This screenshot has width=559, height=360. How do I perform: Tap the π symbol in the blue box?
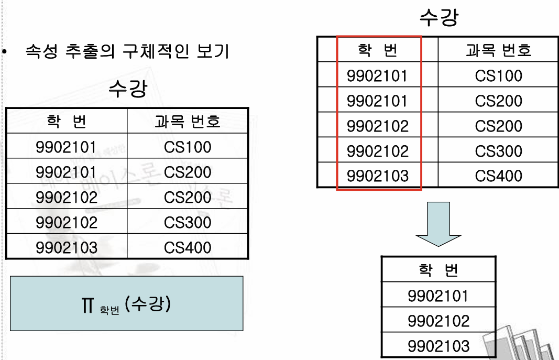87,305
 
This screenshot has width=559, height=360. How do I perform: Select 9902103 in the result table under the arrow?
438,346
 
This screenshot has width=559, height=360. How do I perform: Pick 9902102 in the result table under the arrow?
438,321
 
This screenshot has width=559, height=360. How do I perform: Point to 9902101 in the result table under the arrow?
438,296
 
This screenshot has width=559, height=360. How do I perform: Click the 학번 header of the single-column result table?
438,270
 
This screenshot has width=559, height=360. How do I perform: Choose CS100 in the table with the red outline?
498,76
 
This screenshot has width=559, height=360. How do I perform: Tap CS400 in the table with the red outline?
498,176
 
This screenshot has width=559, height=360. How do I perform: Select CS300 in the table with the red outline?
498,151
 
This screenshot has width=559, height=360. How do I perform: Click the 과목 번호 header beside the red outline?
498,50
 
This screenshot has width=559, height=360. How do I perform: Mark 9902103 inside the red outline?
377,176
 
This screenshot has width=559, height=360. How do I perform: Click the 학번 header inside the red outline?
377,50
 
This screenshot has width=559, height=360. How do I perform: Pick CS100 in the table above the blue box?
188,147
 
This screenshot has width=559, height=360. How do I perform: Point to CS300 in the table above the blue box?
188,223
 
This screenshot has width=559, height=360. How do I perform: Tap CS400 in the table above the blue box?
188,248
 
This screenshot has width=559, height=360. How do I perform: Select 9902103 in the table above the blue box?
67,248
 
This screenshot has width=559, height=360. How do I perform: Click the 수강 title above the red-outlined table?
439,17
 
